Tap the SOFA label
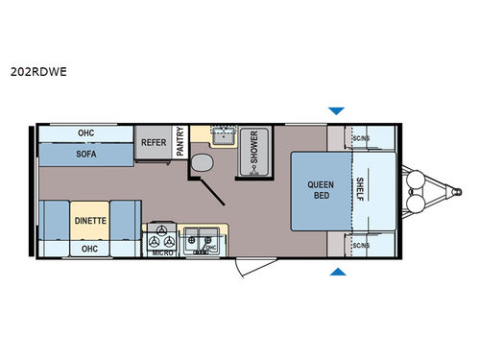(85, 153)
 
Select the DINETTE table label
(92, 220)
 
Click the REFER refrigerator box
(154, 143)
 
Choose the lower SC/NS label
(361, 246)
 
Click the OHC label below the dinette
(90, 248)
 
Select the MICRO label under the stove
(162, 252)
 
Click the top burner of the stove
(161, 230)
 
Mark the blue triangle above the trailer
(335, 110)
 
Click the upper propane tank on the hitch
(417, 179)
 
